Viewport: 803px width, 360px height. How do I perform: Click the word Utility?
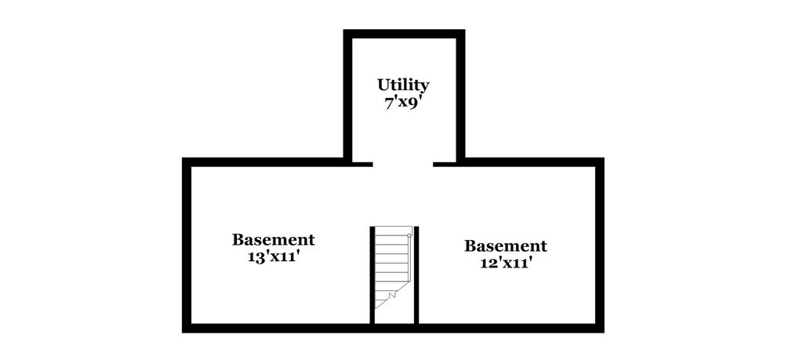(x=403, y=85)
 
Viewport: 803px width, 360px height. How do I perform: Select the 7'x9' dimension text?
(x=403, y=103)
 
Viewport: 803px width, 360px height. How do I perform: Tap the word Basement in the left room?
(x=273, y=240)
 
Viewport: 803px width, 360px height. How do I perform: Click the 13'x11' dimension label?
(x=273, y=256)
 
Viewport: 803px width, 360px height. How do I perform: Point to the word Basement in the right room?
(x=505, y=246)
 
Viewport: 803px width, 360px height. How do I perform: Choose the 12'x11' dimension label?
(x=505, y=263)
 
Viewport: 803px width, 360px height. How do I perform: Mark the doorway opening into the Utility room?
(x=403, y=162)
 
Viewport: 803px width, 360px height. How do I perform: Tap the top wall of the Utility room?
(x=404, y=34)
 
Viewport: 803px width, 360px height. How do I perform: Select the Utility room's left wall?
(x=347, y=94)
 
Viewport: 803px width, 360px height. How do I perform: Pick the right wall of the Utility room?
(x=460, y=94)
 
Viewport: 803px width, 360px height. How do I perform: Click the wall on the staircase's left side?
(x=372, y=275)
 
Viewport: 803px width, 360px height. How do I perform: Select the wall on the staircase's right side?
(x=416, y=275)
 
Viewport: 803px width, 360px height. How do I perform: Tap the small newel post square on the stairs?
(x=409, y=234)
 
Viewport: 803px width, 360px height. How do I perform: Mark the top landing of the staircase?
(x=391, y=231)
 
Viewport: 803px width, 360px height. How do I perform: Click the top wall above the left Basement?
(x=267, y=162)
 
